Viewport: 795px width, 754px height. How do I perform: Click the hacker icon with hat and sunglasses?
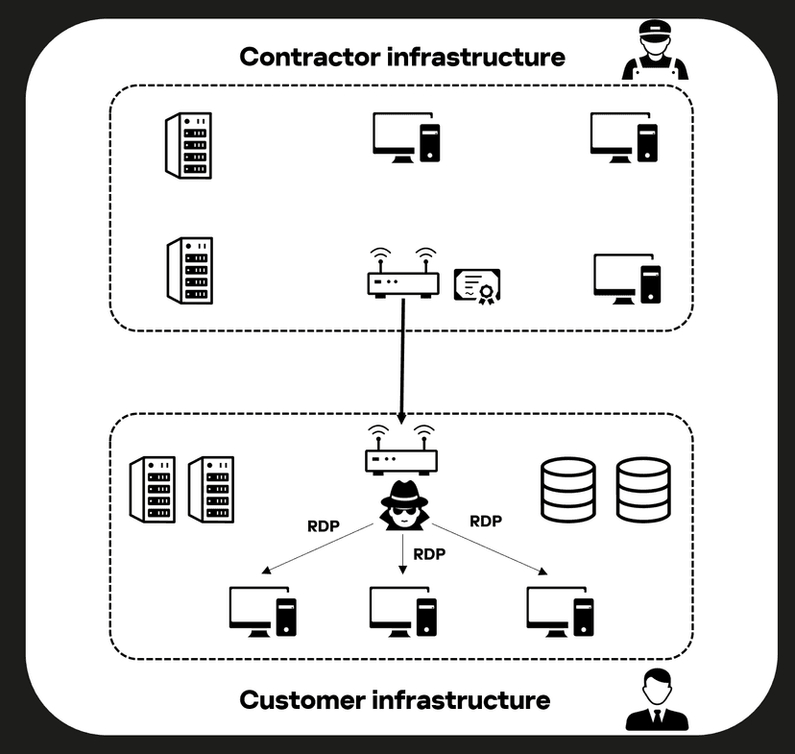[x=404, y=505]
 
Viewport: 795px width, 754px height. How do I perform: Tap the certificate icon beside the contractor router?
[x=477, y=286]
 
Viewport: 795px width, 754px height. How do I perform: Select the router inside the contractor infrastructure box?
[x=403, y=274]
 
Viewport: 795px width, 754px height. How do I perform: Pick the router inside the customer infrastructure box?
[x=401, y=450]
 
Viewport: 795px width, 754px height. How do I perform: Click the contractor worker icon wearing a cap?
[x=655, y=50]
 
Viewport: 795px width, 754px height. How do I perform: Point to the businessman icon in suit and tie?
[x=657, y=700]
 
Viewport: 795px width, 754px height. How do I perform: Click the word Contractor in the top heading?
[x=310, y=57]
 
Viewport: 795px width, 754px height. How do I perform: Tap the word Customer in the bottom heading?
[x=302, y=700]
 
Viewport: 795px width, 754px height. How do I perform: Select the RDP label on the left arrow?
[x=324, y=526]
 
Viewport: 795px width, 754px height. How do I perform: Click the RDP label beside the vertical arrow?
[x=429, y=554]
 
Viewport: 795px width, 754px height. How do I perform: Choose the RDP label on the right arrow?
[x=486, y=522]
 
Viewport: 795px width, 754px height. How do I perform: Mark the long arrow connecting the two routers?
[x=402, y=361]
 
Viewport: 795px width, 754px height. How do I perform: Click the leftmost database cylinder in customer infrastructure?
[x=567, y=489]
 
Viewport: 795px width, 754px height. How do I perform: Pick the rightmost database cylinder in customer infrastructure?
[x=643, y=489]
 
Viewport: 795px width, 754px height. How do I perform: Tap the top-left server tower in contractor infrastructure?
[x=188, y=146]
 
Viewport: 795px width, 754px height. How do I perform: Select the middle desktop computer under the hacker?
[x=403, y=612]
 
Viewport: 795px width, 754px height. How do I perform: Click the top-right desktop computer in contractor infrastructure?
[x=624, y=137]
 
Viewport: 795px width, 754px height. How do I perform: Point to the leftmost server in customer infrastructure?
[x=153, y=489]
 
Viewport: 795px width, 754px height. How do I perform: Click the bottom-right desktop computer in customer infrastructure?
[x=561, y=612]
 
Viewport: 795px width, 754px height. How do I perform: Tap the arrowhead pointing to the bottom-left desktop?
[x=266, y=571]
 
